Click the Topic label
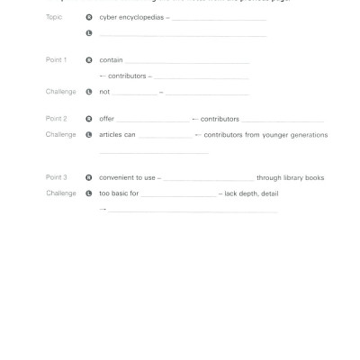coord(53,17)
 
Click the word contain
coord(111,60)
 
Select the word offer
coord(107,119)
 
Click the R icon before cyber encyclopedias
coord(88,17)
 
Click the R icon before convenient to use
coord(88,177)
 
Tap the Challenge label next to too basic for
coord(60,193)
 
